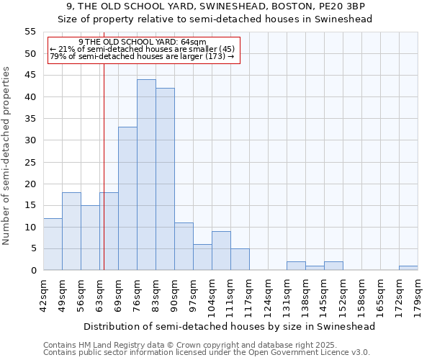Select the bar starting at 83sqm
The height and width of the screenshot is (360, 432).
pyautogui.click(x=165, y=179)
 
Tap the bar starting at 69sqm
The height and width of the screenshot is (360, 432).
pyautogui.click(x=127, y=199)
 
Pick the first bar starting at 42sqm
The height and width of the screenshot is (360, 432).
pyautogui.click(x=53, y=244)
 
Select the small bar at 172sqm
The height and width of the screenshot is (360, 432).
pyautogui.click(x=408, y=268)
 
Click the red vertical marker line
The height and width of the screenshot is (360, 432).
pyautogui.click(x=104, y=166)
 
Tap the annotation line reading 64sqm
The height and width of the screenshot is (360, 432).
pyautogui.click(x=142, y=42)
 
